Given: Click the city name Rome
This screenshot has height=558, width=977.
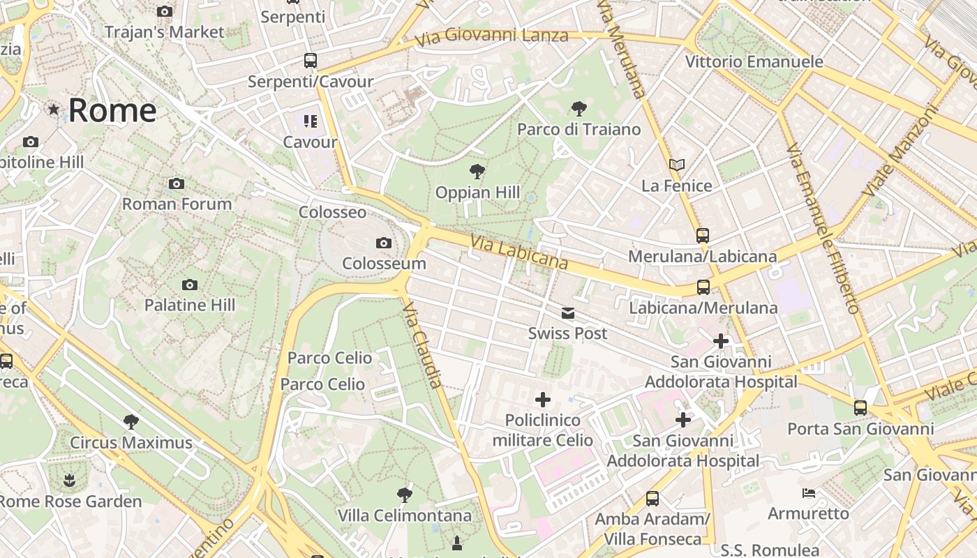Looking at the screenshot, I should [x=112, y=110].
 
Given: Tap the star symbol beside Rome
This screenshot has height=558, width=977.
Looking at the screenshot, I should [x=54, y=110].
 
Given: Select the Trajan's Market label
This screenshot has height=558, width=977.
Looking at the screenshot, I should [x=165, y=32].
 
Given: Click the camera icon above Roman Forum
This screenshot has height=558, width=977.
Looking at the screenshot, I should [x=177, y=184].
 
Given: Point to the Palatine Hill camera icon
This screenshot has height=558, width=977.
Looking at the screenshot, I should [x=189, y=285].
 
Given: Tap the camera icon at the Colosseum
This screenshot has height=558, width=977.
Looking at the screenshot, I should [x=383, y=243].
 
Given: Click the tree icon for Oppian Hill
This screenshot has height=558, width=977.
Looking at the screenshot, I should [x=477, y=171].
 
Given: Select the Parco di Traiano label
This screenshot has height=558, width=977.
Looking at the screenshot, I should [x=579, y=129].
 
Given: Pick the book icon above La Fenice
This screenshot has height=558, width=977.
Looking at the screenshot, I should [x=676, y=165].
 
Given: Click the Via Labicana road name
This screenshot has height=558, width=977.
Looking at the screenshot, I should [x=519, y=253].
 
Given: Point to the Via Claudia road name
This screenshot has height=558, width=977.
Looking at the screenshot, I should [x=424, y=347].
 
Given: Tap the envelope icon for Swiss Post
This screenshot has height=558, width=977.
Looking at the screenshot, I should [x=568, y=313].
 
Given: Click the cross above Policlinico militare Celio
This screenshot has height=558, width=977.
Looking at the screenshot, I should [x=542, y=400].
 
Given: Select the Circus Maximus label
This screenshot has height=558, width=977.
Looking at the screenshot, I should [x=131, y=442].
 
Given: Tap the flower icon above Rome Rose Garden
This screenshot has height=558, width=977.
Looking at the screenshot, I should [x=69, y=481].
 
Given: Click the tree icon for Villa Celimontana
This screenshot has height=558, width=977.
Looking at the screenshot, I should [x=404, y=495].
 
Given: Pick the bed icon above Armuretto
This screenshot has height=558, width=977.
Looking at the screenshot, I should [x=808, y=493].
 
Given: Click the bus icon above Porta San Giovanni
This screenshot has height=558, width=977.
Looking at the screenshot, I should [x=860, y=408].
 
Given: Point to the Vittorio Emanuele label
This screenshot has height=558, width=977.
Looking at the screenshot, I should [x=754, y=61].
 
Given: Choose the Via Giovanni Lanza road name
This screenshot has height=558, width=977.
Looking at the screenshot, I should [x=492, y=36].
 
